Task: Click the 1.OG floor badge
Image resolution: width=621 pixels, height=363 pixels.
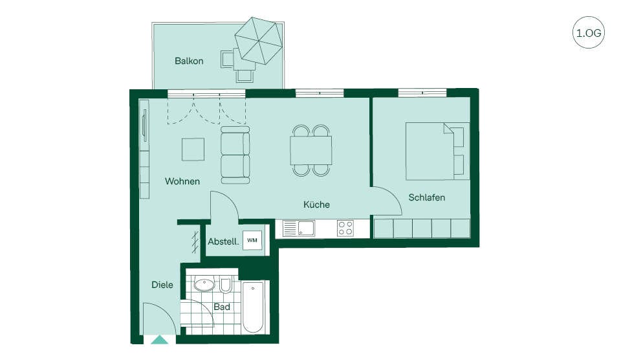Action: tap(589, 32)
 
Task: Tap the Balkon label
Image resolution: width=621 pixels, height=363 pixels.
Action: tap(189, 61)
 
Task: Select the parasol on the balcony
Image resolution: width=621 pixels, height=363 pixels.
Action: tap(259, 40)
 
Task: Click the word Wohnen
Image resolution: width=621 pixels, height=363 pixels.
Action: tap(182, 181)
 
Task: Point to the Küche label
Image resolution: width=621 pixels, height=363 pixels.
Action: tap(316, 204)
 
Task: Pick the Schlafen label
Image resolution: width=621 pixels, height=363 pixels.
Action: tap(426, 197)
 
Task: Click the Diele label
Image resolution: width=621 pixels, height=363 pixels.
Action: tap(162, 285)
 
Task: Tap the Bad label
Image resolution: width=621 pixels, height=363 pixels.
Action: tap(222, 307)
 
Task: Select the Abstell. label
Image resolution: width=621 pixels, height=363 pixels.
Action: tap(223, 241)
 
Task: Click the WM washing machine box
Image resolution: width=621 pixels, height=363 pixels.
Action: tap(252, 241)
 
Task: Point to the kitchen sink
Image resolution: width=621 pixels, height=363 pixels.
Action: tap(299, 228)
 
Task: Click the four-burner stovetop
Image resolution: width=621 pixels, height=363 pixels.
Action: tap(345, 228)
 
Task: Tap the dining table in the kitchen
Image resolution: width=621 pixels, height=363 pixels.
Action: tap(311, 150)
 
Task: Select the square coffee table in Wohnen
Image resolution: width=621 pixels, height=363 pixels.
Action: tap(193, 149)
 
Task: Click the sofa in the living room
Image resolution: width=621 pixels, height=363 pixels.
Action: tap(235, 155)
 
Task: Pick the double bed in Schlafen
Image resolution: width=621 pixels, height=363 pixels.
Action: tap(437, 151)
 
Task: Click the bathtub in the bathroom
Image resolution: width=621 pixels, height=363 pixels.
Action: tap(253, 307)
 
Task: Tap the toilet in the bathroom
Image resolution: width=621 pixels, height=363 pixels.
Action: tap(225, 284)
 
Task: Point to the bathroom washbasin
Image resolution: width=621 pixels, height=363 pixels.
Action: tap(204, 284)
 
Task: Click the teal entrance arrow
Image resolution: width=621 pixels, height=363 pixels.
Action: tap(160, 340)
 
